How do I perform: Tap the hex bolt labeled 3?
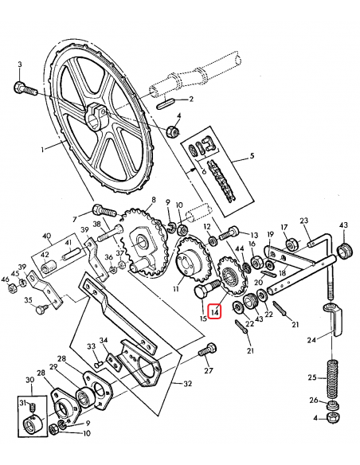(22, 88)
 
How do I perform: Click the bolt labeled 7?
(103, 211)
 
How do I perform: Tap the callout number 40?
(47, 236)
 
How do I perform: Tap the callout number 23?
(303, 221)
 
